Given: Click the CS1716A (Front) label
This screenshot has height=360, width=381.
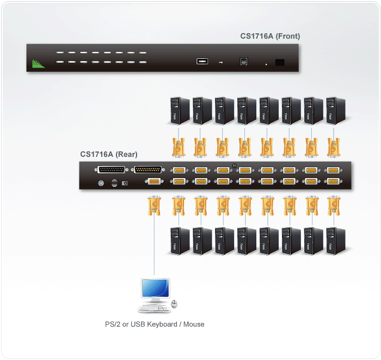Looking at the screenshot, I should pos(270,36).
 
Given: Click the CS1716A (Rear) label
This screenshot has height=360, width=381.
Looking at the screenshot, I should pos(108,154).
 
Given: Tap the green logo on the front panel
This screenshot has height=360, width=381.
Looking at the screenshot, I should pos(38,64).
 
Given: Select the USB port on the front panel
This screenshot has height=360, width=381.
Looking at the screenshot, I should pos(202,61).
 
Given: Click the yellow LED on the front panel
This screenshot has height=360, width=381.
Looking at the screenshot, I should pos(266,65).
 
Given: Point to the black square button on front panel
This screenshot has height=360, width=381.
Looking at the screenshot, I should pos(280,62).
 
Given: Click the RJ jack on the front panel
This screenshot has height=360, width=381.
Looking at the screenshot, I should pos(243,62).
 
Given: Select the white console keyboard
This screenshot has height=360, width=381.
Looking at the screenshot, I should pos(153,309).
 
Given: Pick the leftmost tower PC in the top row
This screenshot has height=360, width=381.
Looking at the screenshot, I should pos(177,111).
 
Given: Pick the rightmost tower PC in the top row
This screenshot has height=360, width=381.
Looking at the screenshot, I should pos(333,111).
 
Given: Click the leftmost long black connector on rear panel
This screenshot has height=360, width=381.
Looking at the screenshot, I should pos(110,170).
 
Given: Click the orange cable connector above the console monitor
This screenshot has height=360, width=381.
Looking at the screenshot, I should pos(154,206).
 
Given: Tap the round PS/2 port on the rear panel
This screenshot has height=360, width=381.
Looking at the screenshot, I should pos(100,184).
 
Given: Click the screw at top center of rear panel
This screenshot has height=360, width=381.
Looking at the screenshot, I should pos(235,166).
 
